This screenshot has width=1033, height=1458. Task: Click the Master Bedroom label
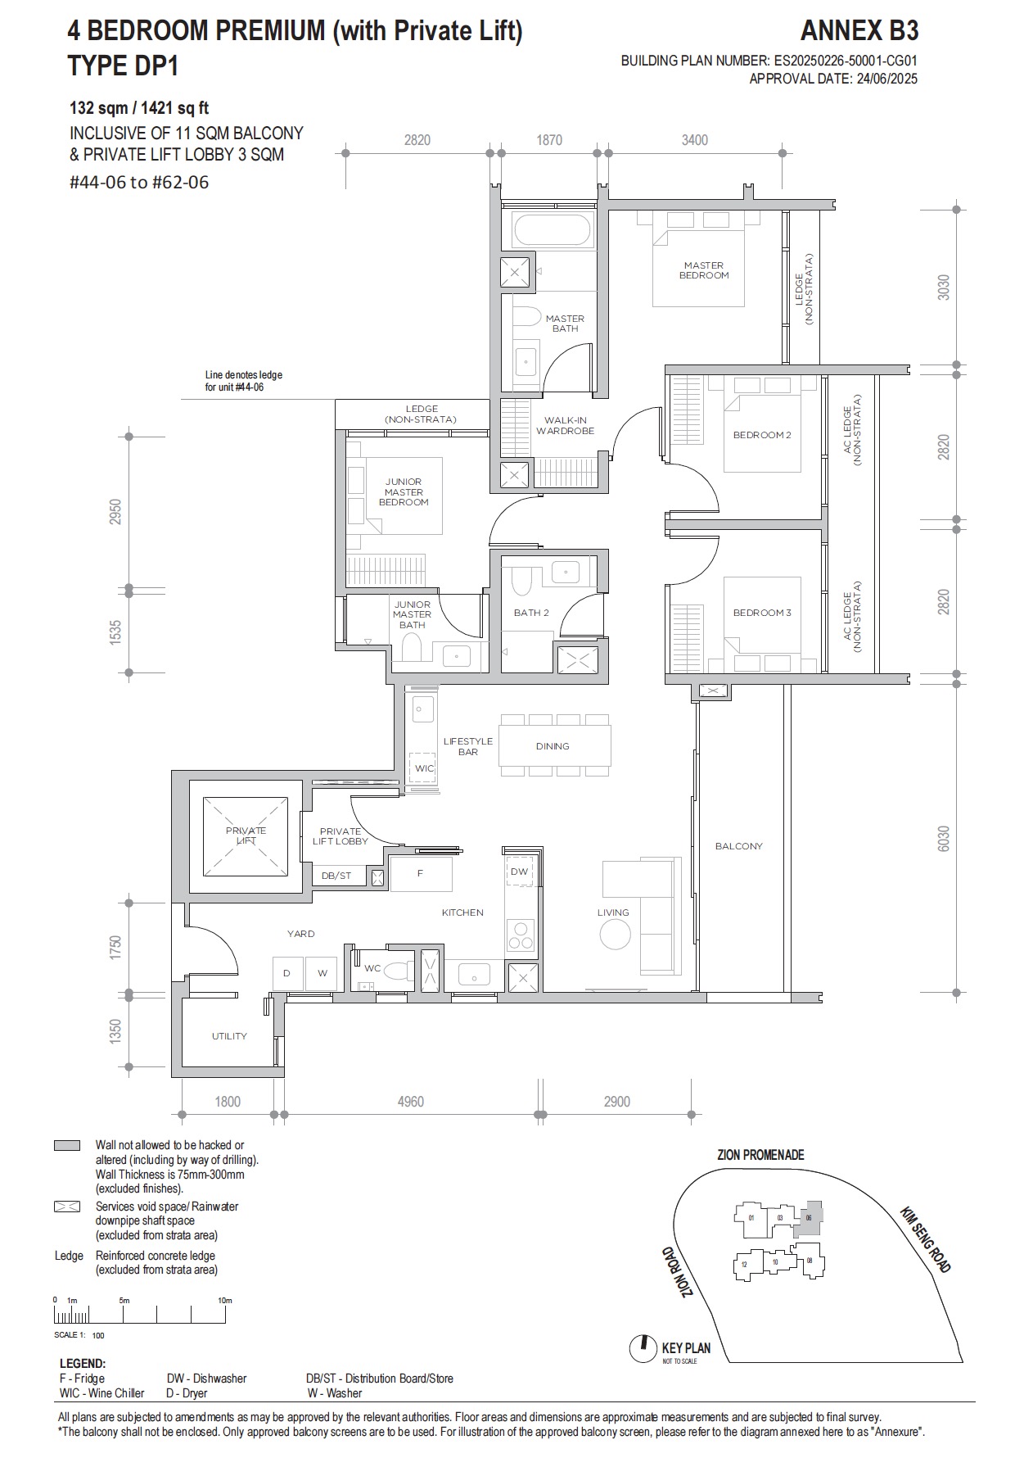703,270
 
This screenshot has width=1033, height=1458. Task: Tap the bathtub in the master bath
550,230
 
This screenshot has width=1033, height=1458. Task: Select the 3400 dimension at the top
694,140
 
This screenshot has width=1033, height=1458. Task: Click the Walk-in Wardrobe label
565,425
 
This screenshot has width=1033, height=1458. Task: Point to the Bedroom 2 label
761,435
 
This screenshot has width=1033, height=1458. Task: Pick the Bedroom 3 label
761,613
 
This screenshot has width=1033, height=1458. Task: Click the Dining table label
553,746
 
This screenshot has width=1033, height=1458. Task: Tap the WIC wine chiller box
424,767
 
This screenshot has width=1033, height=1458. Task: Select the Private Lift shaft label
246,835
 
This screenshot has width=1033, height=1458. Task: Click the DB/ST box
336,876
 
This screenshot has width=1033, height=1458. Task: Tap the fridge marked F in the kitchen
420,873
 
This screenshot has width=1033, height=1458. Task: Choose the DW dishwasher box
519,872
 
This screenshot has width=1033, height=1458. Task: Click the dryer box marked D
287,973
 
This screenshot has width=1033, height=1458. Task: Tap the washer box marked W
322,973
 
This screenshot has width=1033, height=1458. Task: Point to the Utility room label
229,1036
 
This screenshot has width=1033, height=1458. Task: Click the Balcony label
738,846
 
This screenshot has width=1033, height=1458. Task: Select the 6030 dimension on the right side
943,837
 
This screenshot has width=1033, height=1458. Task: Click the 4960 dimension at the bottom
410,1102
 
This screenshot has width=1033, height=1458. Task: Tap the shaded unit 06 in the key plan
810,1218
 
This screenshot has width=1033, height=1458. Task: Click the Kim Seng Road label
926,1239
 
